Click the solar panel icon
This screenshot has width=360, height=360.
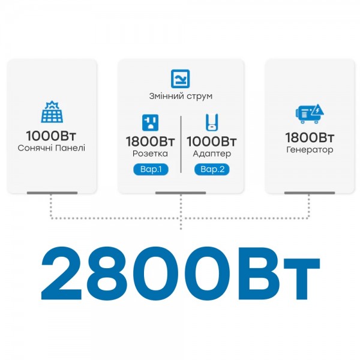[51, 112]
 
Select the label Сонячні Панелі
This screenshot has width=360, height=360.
[52, 148]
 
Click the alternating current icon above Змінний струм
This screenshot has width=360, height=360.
[181, 79]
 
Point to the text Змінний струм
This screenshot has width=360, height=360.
[181, 96]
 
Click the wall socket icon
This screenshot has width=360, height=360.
[150, 122]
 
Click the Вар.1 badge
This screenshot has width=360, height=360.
[151, 169]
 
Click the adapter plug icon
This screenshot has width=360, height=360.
[211, 122]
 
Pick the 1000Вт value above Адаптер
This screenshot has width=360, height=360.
[211, 142]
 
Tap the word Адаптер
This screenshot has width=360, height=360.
[211, 154]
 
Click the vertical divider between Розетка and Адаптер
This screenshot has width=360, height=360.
[181, 141]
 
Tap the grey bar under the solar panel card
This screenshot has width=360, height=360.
[52, 193]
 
